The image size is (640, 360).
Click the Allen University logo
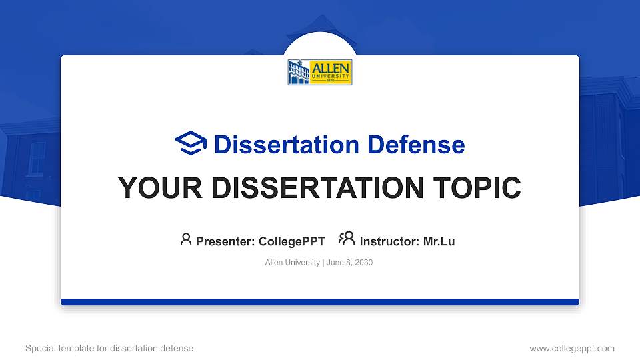(319, 72)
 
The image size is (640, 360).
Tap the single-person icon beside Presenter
(186, 239)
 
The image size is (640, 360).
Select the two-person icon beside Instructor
(347, 239)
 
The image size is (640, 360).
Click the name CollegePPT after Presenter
(291, 241)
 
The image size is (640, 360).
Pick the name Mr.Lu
(439, 241)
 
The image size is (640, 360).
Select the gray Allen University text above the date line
(292, 263)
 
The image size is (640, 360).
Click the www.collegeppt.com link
(571, 348)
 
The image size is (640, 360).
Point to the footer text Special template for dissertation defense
(109, 348)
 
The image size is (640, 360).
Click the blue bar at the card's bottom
(320, 302)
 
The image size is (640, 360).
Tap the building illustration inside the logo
(299, 72)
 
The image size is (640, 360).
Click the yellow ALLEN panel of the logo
(331, 72)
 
